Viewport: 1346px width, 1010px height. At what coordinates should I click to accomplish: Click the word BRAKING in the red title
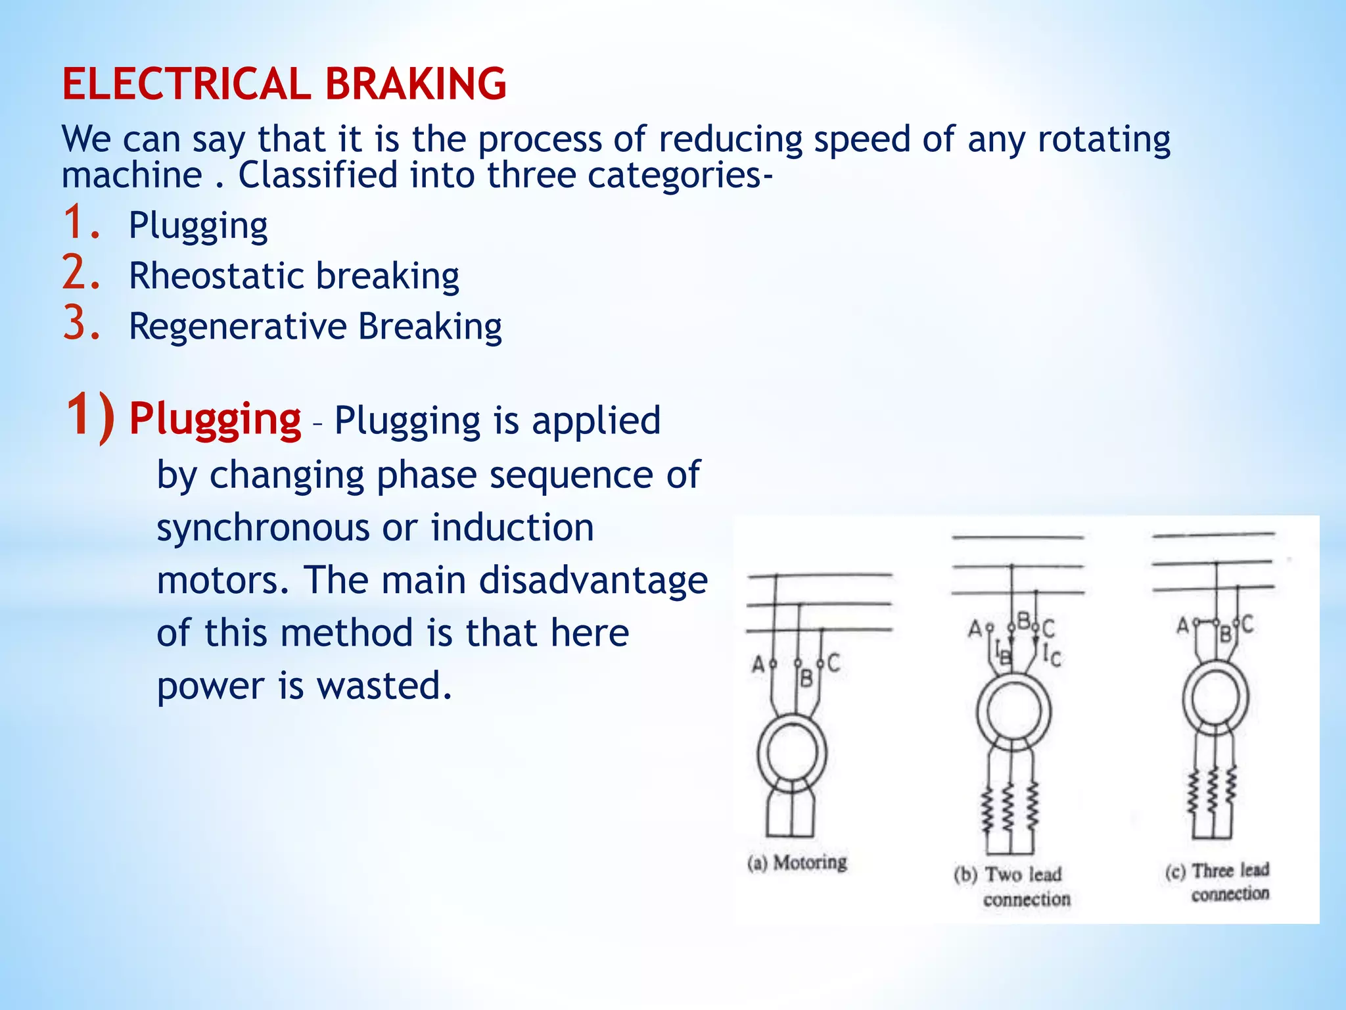(x=415, y=84)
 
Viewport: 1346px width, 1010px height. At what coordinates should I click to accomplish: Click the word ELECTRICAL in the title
(x=186, y=84)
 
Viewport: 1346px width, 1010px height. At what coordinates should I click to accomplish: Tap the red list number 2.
(x=81, y=274)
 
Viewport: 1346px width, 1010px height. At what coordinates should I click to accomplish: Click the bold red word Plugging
(x=215, y=419)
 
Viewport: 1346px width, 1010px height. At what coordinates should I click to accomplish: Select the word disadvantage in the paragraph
(x=593, y=581)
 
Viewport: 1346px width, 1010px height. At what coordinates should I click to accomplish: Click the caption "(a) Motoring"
(x=797, y=862)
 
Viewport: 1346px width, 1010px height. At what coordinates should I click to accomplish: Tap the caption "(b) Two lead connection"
(x=1013, y=886)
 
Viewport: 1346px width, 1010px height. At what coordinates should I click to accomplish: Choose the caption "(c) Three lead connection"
(x=1218, y=882)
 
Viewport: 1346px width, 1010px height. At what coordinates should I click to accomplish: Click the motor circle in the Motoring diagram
(x=792, y=754)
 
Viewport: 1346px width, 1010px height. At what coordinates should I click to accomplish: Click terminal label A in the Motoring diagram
(x=757, y=665)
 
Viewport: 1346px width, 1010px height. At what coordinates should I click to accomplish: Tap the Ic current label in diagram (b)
(x=1052, y=654)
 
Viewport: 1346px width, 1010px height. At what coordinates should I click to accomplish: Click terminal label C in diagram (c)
(x=1247, y=623)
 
